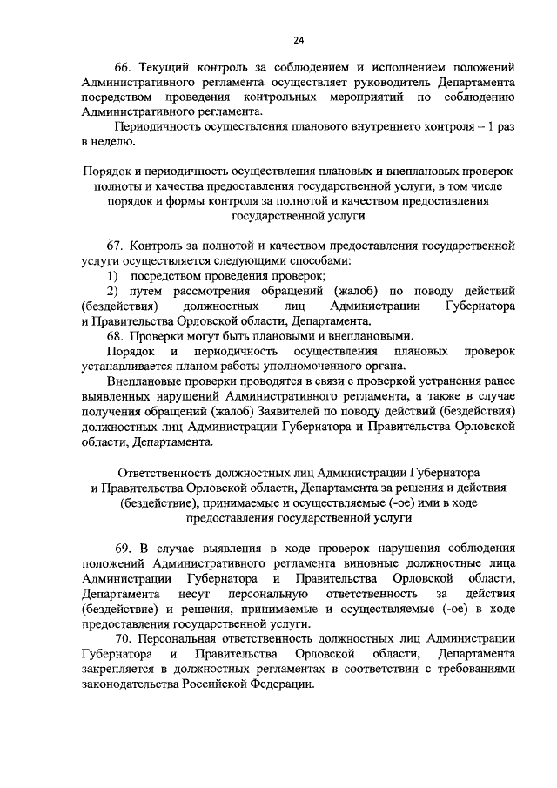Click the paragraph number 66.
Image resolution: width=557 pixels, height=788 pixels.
point(124,66)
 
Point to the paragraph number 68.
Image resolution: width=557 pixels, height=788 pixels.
point(117,336)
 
